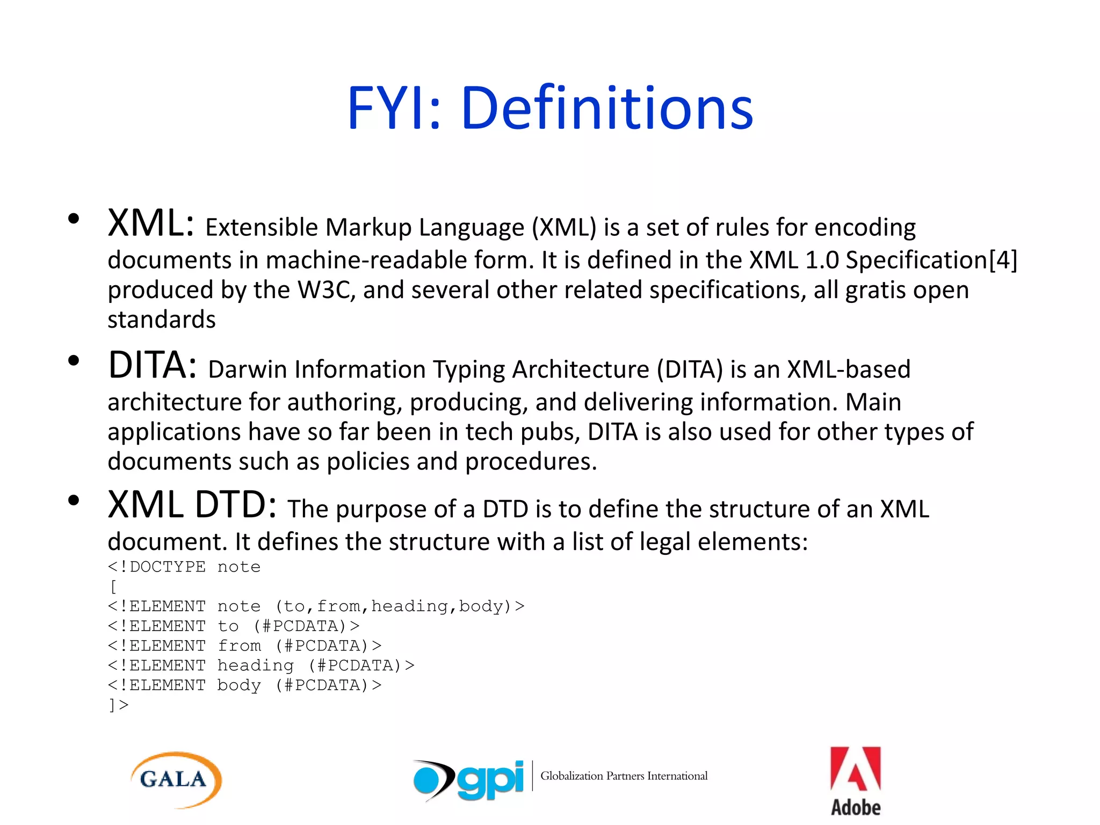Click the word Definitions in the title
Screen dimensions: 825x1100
607,108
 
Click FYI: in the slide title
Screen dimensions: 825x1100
394,108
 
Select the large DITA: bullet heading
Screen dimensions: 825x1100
152,365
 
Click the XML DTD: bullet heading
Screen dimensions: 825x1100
192,505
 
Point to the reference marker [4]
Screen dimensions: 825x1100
1003,260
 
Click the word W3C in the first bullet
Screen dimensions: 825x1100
326,290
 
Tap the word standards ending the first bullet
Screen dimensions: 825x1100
161,320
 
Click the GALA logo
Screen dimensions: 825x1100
176,779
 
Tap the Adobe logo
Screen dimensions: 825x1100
855,781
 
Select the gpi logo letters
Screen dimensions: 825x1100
490,780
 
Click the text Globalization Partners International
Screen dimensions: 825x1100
624,776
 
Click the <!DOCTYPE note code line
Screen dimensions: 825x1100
184,567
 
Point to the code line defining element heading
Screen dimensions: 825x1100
260,665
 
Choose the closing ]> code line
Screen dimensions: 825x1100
118,705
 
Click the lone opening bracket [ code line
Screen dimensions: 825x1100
113,587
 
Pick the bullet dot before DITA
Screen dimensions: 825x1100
74,360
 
